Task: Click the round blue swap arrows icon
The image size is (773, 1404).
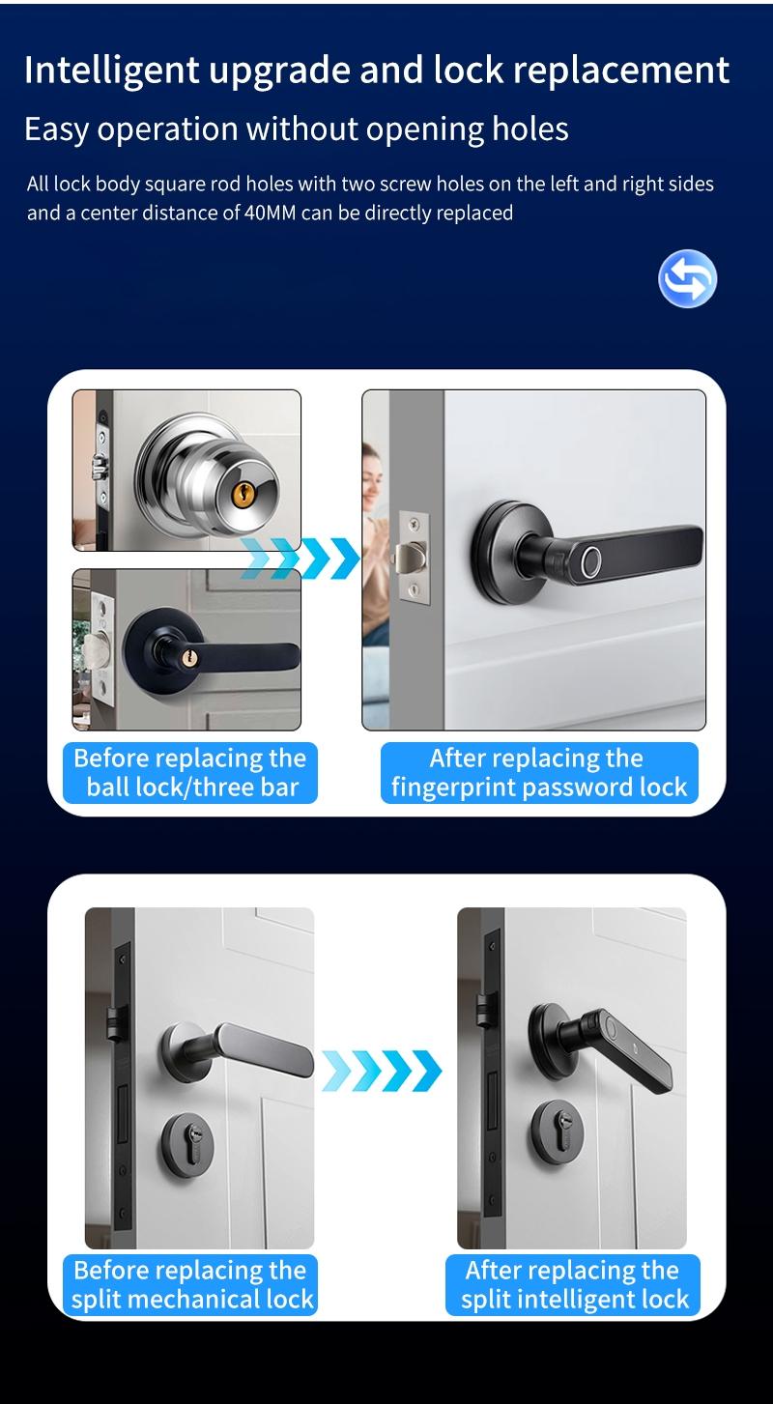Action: click(687, 278)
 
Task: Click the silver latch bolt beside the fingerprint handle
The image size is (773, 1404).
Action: click(409, 559)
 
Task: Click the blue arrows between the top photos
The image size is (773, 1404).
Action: click(300, 559)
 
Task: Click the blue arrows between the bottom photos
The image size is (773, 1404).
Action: click(382, 1071)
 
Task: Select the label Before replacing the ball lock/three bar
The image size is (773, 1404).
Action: click(190, 772)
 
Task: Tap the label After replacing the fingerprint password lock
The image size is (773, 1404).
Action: click(538, 772)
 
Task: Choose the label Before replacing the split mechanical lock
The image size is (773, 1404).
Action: click(192, 1284)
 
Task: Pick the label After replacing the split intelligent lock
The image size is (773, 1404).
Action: click(573, 1284)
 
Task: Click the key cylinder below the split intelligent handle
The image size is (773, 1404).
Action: click(557, 1131)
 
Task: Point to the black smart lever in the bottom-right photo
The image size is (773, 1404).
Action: click(618, 1048)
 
